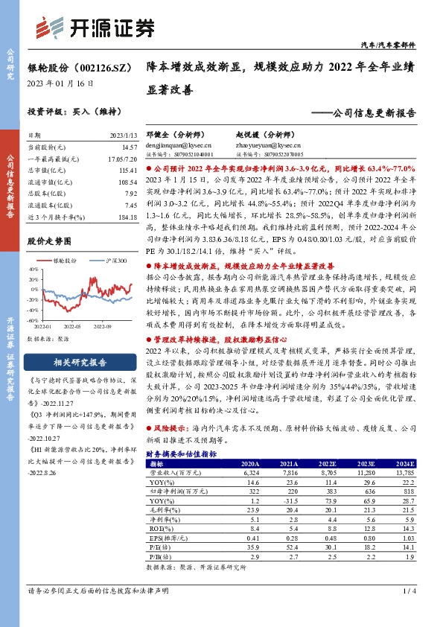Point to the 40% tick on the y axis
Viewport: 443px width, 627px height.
[34, 272]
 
